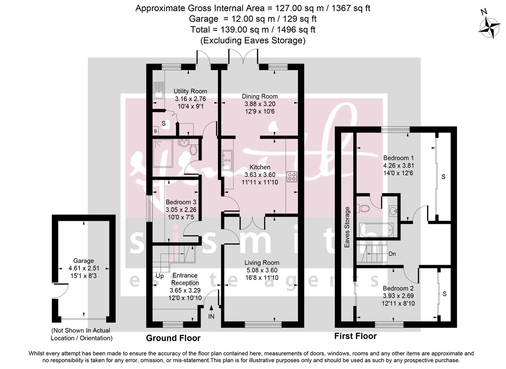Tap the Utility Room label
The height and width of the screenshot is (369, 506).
pyautogui.click(x=191, y=91)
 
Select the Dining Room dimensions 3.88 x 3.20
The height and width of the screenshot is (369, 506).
pyautogui.click(x=260, y=104)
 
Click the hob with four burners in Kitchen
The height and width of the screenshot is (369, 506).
pyautogui.click(x=291, y=176)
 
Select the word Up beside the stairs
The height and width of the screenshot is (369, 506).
pyautogui.click(x=159, y=276)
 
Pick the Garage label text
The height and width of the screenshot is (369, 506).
pyautogui.click(x=83, y=261)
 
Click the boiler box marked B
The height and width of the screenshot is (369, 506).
pyautogui.click(x=156, y=132)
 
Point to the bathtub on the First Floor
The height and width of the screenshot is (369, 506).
pyautogui.click(x=377, y=231)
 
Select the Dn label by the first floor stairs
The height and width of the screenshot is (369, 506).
pyautogui.click(x=392, y=254)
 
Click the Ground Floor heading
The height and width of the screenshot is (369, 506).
pyautogui.click(x=173, y=338)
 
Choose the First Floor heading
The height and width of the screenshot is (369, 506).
pyautogui.click(x=355, y=336)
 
